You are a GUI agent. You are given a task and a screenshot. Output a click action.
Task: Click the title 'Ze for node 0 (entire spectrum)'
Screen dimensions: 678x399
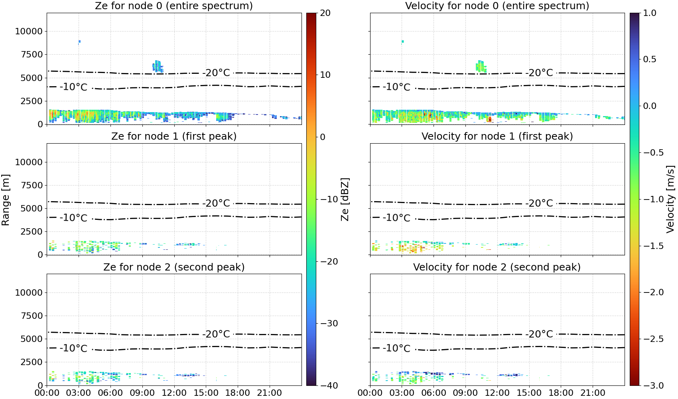click(174, 6)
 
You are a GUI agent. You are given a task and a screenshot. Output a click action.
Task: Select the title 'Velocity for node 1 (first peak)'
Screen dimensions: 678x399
click(497, 136)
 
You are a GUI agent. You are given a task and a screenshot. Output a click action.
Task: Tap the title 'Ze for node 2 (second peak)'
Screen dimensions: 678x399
click(174, 267)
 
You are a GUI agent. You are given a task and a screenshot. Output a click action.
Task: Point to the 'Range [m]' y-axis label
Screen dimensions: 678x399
click(6, 200)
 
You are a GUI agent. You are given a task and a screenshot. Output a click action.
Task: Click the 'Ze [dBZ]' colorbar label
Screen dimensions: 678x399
click(345, 199)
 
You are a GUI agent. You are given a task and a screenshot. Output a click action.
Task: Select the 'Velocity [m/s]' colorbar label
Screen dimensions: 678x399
click(670, 199)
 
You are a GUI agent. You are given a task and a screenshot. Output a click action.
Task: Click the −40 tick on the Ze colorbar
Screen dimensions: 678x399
click(329, 385)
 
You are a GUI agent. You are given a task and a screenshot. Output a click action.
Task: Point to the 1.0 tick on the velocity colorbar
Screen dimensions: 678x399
click(650, 13)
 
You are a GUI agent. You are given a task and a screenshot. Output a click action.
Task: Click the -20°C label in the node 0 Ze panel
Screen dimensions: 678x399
click(216, 73)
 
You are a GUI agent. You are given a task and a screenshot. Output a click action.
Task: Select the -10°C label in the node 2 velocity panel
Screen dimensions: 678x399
click(396, 348)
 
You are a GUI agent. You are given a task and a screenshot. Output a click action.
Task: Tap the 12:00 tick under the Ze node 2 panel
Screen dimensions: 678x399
click(174, 393)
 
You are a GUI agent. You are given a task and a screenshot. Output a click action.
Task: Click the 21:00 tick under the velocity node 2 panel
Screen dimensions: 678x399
click(593, 393)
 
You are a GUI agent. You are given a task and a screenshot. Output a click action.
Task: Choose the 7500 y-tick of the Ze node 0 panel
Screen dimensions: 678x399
click(32, 55)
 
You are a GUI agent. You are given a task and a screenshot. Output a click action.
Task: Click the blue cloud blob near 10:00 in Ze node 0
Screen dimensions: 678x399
click(158, 66)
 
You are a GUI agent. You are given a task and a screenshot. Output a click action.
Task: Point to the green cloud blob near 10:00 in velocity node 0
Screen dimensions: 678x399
click(481, 66)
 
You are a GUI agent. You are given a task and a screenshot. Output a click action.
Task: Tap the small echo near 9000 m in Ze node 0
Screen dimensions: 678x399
click(79, 42)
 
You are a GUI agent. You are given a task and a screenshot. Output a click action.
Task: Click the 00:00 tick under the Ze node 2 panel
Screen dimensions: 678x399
click(47, 393)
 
